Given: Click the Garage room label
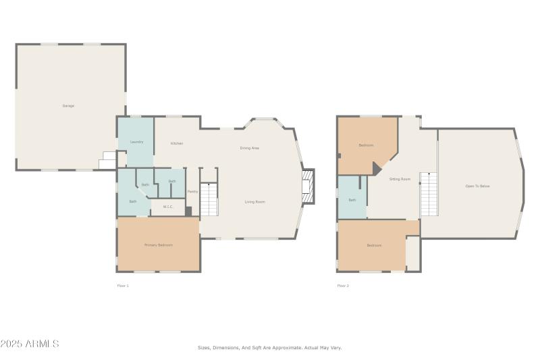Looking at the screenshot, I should [68, 106].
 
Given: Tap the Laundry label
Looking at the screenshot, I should [136, 142].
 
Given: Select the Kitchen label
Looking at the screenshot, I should [177, 143].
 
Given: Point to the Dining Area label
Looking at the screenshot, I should [250, 148].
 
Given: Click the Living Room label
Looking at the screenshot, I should [254, 202].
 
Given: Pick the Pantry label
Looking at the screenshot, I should [192, 192].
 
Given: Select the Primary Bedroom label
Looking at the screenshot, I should [159, 245].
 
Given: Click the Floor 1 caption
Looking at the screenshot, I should [123, 286].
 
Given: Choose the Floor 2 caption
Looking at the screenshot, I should [343, 286].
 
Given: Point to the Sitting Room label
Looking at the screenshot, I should [400, 179].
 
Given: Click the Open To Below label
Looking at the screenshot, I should [477, 186].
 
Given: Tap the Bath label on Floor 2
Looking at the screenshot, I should [352, 200].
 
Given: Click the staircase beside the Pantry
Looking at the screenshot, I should [210, 199].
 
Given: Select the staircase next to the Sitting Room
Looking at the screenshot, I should [429, 194].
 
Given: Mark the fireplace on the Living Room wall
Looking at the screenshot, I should [308, 185].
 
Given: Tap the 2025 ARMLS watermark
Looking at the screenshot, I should [30, 344].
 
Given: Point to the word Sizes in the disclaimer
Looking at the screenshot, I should [202, 348].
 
